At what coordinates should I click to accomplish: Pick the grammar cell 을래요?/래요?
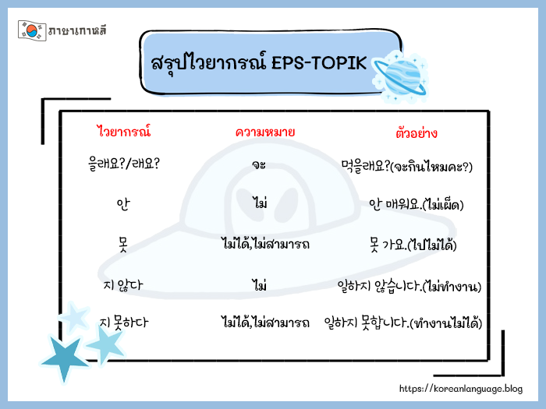point(125,164)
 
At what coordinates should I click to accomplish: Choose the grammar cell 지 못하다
point(124,321)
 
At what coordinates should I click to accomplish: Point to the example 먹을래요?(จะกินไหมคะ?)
point(407,166)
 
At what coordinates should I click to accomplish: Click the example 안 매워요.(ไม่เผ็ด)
point(416,205)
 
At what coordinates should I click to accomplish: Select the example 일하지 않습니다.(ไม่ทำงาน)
point(407,285)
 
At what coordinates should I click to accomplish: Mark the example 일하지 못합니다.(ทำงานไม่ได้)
point(402,322)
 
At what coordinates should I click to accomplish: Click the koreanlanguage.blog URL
point(460,388)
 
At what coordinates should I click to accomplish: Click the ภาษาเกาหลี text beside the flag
point(77,30)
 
